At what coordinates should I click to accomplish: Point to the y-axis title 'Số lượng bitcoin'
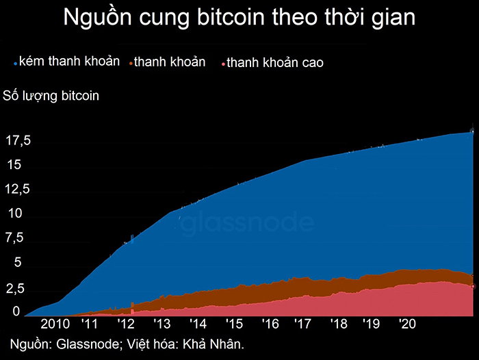pyautogui.click(x=51, y=95)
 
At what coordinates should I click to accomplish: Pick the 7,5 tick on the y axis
pyautogui.click(x=14, y=238)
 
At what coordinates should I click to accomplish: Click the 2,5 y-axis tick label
pyautogui.click(x=14, y=288)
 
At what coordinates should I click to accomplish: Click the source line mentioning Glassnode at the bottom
pyautogui.click(x=127, y=343)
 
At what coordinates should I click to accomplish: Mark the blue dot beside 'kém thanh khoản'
pyautogui.click(x=15, y=63)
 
